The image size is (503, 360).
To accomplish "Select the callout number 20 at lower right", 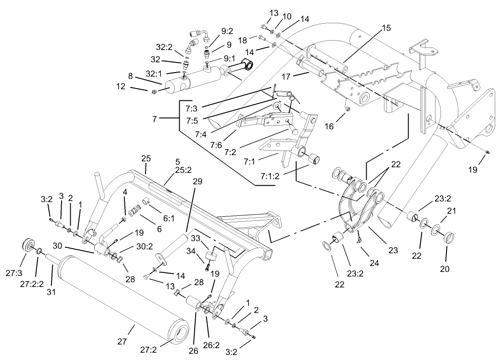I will coord(445,269).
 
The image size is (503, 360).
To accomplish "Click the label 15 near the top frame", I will coord(386,28).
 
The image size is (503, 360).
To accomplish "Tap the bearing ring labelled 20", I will coord(450,237).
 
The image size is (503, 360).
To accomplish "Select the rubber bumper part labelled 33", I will coord(211,255).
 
